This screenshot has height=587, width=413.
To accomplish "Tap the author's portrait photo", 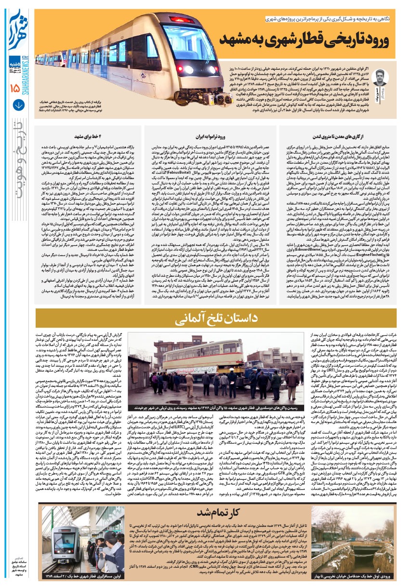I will tap(379, 79).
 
